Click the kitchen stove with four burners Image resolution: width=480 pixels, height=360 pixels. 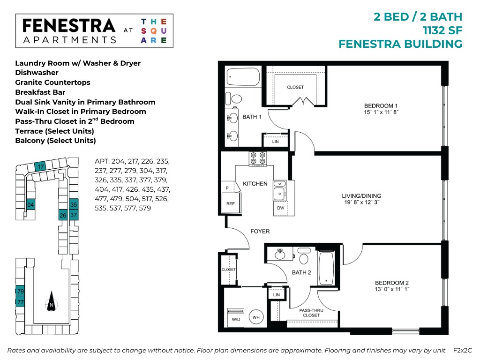tap(258, 158)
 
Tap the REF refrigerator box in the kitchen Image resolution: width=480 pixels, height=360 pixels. tap(231, 203)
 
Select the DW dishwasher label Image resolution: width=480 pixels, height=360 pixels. tap(280, 208)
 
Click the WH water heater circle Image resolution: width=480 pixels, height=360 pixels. tap(256, 317)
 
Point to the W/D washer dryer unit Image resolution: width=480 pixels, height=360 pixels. tap(236, 317)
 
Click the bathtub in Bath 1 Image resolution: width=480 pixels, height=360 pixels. tap(243, 76)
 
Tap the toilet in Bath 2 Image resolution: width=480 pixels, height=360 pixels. tap(304, 256)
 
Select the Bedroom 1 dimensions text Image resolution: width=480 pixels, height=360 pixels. tap(381, 112)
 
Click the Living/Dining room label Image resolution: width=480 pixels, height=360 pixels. tap(361, 195)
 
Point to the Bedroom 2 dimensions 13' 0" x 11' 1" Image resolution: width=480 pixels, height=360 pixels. tap(392, 289)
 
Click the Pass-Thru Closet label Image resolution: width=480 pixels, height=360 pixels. tap(311, 313)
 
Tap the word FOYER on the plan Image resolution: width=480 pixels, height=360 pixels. tap(260, 232)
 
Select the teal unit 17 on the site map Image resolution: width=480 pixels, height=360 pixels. tap(41, 166)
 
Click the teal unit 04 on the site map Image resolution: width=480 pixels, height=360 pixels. tap(30, 204)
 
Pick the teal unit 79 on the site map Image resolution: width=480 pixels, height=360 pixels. tap(20, 291)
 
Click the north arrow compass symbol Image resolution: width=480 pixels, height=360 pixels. tap(52, 301)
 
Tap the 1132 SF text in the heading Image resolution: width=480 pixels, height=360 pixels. tap(442, 30)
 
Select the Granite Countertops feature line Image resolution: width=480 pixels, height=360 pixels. tap(52, 82)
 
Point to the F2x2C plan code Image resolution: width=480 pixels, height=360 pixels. tap(462, 350)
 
